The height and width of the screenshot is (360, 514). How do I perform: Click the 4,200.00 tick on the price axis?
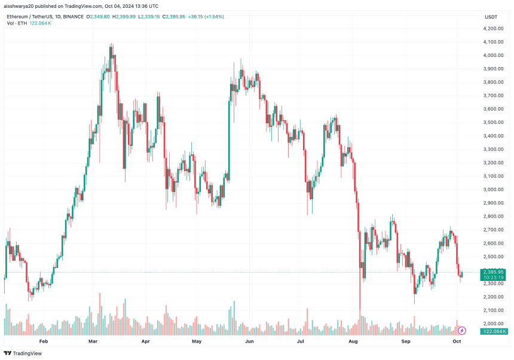(x=494, y=28)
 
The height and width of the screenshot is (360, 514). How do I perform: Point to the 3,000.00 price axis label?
(x=494, y=190)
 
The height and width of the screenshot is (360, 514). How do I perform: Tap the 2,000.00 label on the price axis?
(x=494, y=324)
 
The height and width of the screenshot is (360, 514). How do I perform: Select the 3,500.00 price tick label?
(x=494, y=123)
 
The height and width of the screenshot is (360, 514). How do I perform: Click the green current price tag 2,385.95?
(x=494, y=271)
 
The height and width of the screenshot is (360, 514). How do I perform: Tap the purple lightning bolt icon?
(x=461, y=330)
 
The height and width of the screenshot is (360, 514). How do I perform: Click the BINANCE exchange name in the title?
(x=75, y=16)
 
